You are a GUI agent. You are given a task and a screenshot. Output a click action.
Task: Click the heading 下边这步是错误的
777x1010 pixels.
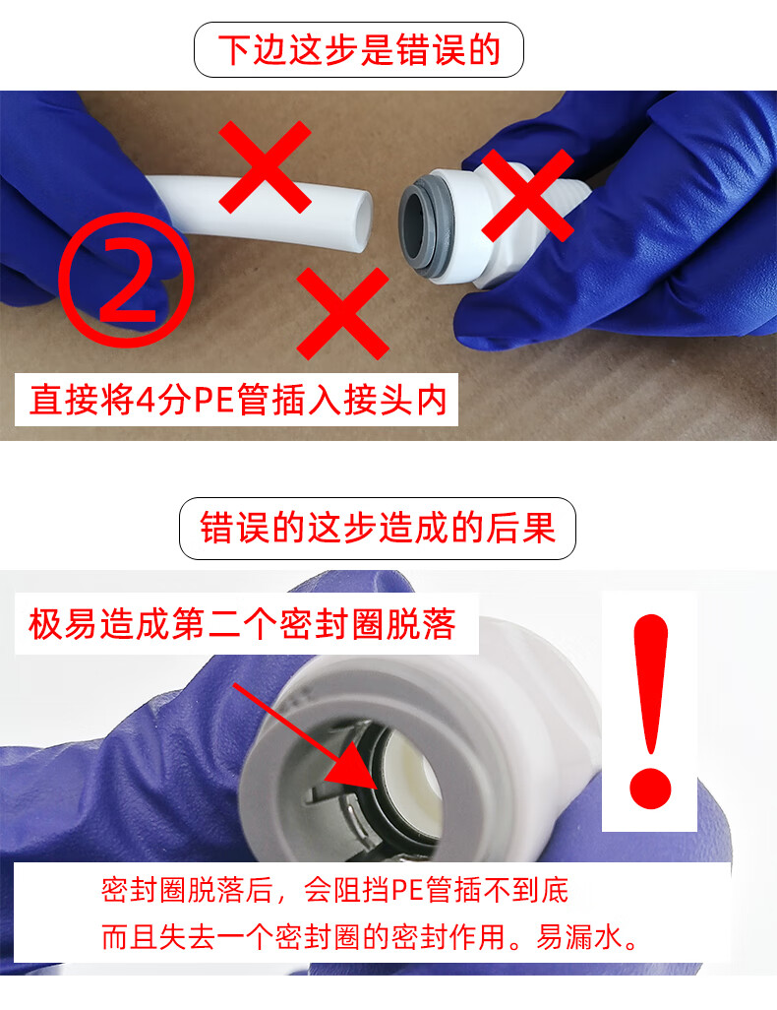pyautogui.click(x=359, y=49)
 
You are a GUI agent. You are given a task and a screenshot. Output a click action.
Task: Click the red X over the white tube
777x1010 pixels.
pyautogui.click(x=265, y=166)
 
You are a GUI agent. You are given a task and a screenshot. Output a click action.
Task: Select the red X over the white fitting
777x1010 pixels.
pyautogui.click(x=527, y=195)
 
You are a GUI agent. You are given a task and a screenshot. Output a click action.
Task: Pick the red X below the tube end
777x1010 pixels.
pyautogui.click(x=342, y=314)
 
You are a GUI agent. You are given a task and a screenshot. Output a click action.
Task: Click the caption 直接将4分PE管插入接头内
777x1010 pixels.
pyautogui.click(x=238, y=400)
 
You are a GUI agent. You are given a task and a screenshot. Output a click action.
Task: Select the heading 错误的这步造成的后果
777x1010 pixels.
pyautogui.click(x=378, y=529)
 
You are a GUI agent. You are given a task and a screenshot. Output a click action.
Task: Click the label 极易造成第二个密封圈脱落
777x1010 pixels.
pyautogui.click(x=242, y=623)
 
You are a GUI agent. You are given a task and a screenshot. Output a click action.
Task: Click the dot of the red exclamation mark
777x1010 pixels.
pyautogui.click(x=650, y=788)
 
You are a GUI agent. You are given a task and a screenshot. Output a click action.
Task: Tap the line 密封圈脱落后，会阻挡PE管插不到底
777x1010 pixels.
pyautogui.click(x=334, y=890)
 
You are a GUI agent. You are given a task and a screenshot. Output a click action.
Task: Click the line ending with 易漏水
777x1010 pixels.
pyautogui.click(x=370, y=936)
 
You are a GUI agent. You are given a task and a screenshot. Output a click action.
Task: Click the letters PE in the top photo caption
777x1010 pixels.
pyautogui.click(x=213, y=400)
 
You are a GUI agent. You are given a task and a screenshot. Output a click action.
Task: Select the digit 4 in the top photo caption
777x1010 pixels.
pyautogui.click(x=146, y=401)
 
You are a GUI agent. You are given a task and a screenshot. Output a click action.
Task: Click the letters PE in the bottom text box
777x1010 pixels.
pyautogui.click(x=406, y=891)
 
